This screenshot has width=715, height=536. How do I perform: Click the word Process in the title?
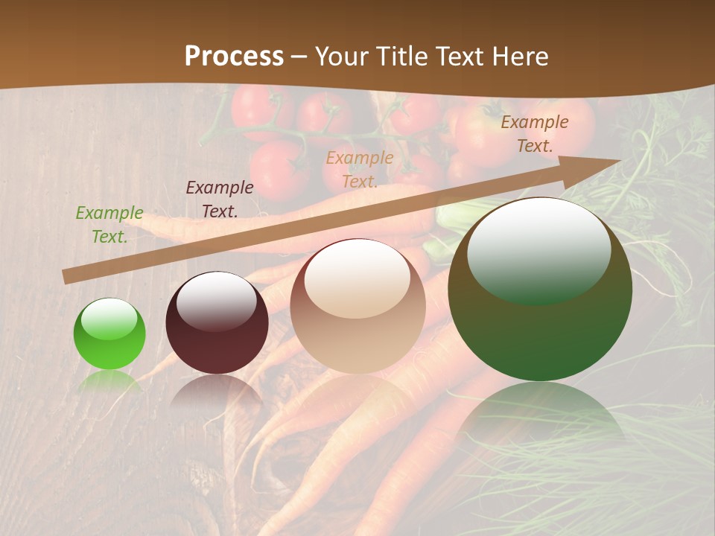234,57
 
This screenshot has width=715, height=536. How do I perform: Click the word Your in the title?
342,57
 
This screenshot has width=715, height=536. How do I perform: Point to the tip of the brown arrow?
618,160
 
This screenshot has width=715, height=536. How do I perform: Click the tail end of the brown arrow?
66,277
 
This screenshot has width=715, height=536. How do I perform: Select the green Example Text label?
109,224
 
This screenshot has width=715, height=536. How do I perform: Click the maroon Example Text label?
220,199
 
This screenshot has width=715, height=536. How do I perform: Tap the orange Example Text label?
360,169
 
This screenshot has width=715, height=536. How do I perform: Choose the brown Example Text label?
535,134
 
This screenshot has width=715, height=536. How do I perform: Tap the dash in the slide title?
299,57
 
